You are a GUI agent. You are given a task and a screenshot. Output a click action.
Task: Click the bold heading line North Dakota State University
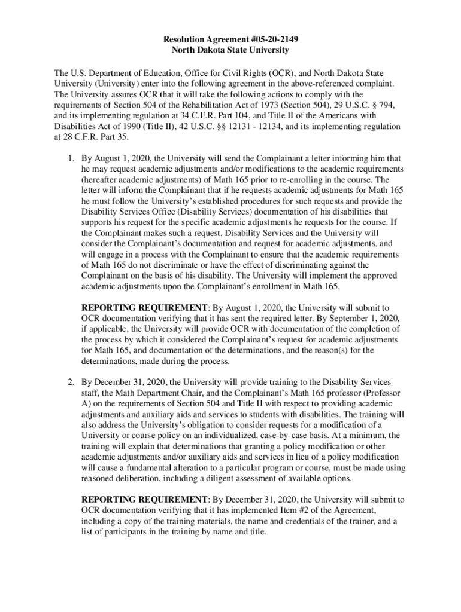tap(230, 50)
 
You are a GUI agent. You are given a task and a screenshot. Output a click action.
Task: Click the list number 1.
tap(69, 158)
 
